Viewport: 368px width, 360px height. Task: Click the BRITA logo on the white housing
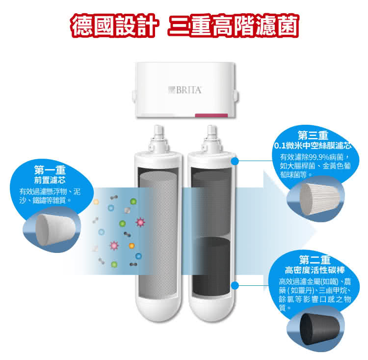pos(185,90)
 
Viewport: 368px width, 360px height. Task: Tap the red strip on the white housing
pos(211,115)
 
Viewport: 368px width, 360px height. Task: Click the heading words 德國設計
pos(114,26)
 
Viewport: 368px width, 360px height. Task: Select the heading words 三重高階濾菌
pos(233,26)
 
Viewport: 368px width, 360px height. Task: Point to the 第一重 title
pos(50,169)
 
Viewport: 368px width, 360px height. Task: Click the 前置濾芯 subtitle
pos(50,180)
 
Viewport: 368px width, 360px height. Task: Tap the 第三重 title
pos(313,136)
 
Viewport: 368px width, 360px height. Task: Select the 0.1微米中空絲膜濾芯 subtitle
pos(313,146)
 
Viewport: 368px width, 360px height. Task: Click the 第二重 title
pos(315,260)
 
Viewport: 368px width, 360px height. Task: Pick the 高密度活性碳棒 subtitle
pos(315,270)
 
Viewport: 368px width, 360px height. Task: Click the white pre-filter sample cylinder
pos(55,229)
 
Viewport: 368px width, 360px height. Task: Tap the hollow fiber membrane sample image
pos(319,199)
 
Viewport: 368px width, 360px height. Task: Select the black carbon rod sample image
pos(320,330)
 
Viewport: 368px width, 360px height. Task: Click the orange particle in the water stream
pos(131,246)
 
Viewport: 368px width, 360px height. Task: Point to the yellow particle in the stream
pos(96,202)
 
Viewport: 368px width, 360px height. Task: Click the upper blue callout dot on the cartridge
pos(235,161)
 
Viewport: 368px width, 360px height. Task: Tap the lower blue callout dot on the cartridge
pos(235,285)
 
